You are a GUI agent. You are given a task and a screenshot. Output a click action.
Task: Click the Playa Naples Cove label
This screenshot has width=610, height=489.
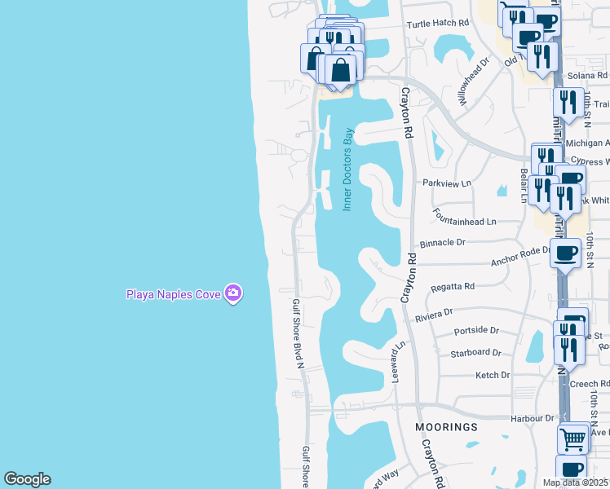pos(173,294)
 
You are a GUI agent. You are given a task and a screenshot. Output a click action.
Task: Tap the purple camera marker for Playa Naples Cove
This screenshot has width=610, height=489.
pos(234,293)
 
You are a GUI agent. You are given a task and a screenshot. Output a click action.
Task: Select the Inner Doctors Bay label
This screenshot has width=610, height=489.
pos(347,170)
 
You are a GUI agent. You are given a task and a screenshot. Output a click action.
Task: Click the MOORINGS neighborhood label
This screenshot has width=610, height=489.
pos(445,427)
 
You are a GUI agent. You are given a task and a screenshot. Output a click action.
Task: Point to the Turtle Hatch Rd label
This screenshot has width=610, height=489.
pos(440,24)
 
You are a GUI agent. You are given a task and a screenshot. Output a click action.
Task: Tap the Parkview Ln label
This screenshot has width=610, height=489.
pos(447,183)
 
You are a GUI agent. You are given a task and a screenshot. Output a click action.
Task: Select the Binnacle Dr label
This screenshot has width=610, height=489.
pos(443,242)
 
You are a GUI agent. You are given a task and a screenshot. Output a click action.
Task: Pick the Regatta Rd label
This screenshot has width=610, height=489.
pos(453,287)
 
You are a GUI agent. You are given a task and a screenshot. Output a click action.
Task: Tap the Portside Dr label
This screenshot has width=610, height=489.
pos(476,330)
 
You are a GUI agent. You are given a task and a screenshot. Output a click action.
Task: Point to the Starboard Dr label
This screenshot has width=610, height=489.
pos(475,353)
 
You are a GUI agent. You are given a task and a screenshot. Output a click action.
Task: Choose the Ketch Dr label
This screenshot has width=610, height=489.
pos(493,375)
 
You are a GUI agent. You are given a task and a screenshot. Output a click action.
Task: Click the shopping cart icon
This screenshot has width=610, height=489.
pos(574,438)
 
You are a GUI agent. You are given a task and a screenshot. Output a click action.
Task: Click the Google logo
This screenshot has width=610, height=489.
pos(27,479)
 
